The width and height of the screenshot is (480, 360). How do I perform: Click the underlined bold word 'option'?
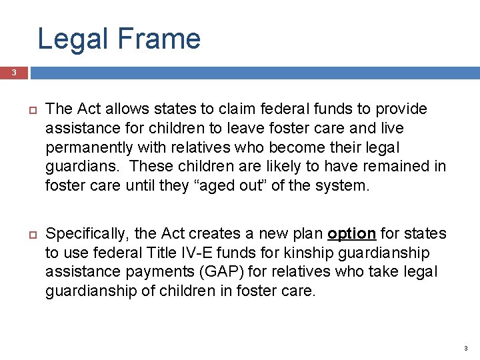pos(352,234)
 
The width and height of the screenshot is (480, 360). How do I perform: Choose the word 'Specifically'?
pos(87,234)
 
